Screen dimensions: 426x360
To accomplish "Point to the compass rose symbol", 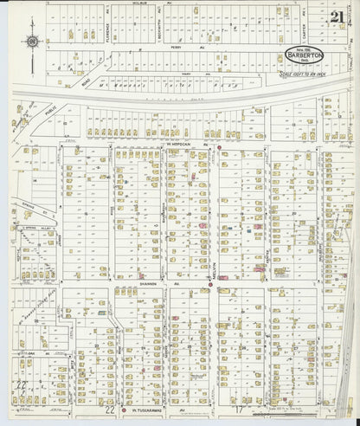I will pyautogui.click(x=32, y=39).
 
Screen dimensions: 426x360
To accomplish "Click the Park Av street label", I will pyautogui.click(x=183, y=83).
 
